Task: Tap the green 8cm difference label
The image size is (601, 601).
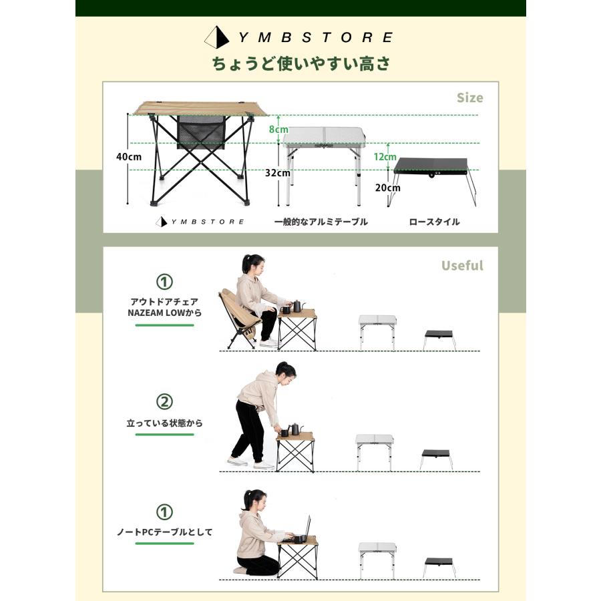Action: pyautogui.click(x=279, y=130)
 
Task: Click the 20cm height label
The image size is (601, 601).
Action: pyautogui.click(x=387, y=188)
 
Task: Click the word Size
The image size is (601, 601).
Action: pyautogui.click(x=469, y=97)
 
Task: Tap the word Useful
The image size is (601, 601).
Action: pyautogui.click(x=461, y=266)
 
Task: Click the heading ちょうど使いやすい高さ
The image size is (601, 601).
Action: pyautogui.click(x=300, y=64)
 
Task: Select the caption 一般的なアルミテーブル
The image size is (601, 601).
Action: pyautogui.click(x=321, y=222)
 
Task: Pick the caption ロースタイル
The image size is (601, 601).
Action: pyautogui.click(x=434, y=222)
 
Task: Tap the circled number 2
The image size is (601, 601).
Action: pyautogui.click(x=164, y=401)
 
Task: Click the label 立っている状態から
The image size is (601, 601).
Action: pyautogui.click(x=164, y=423)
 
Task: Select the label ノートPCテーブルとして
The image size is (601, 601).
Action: pyautogui.click(x=164, y=532)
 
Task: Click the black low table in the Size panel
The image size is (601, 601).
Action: pyautogui.click(x=431, y=165)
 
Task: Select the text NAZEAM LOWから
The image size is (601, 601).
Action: pyautogui.click(x=164, y=313)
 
